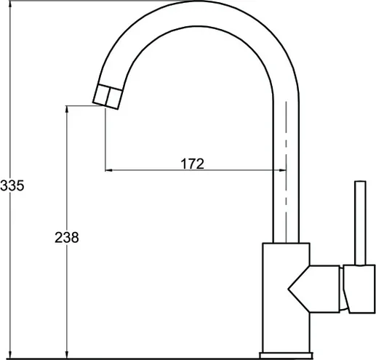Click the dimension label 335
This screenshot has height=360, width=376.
click(x=12, y=185)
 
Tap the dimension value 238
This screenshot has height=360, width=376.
click(x=67, y=237)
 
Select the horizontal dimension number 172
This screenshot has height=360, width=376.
click(x=193, y=164)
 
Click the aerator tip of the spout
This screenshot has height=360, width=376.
click(x=108, y=97)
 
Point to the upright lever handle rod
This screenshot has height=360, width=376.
click(x=360, y=223)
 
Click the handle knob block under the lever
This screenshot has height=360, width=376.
click(x=359, y=289)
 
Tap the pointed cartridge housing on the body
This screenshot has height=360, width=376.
click(x=314, y=289)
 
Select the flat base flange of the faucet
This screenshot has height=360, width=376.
click(x=286, y=356)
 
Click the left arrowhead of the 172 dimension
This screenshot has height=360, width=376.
click(x=108, y=170)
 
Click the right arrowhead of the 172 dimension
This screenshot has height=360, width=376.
click(x=283, y=170)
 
